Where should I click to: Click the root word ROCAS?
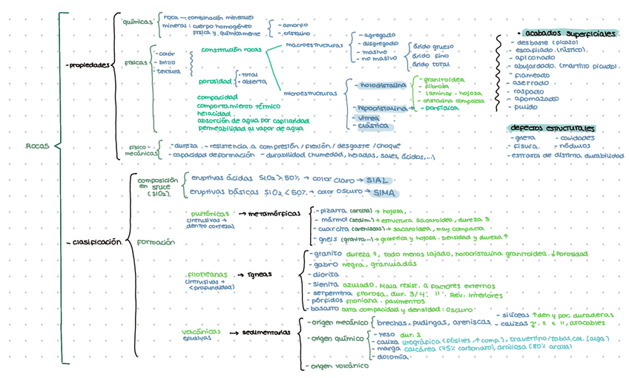[x=36, y=146]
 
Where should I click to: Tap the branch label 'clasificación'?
[x=95, y=242]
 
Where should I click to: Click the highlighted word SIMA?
[x=384, y=193]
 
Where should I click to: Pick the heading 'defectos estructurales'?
[x=552, y=128]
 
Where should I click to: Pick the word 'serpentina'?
[x=330, y=293]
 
